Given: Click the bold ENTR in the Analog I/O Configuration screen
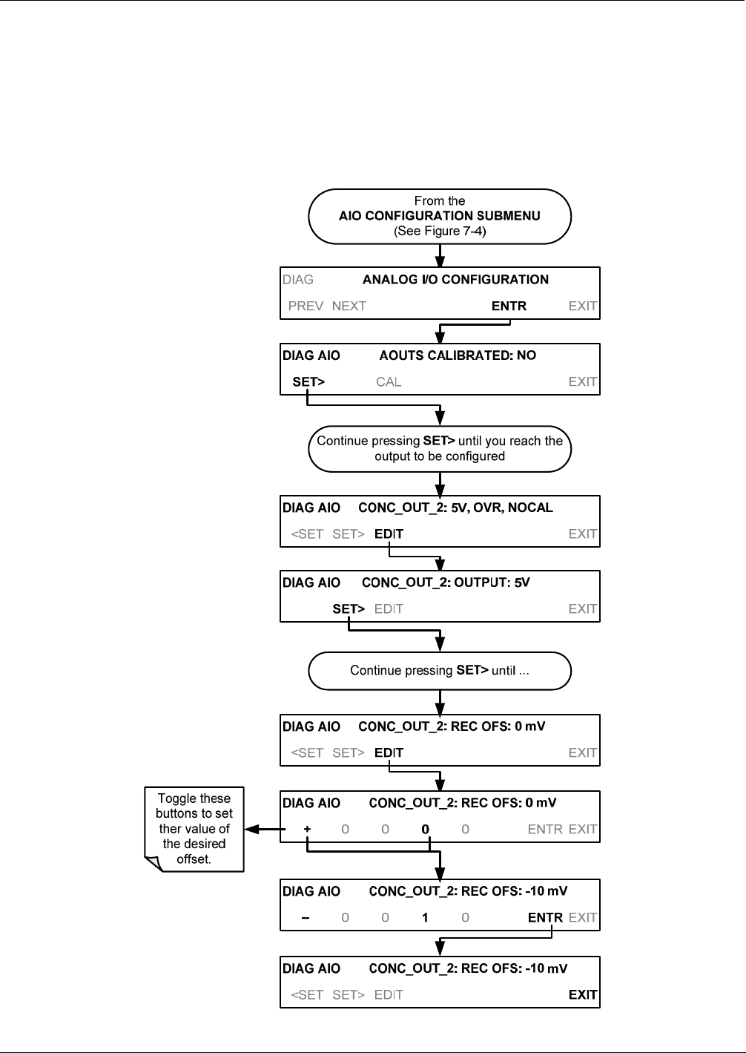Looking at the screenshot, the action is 509,306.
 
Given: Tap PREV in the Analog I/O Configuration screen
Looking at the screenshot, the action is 306,306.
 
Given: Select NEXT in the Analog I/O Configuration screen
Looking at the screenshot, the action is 349,306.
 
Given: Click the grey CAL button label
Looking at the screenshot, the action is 389,381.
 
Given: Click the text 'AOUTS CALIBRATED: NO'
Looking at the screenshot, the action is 458,355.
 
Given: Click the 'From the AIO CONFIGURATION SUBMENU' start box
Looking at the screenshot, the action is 440,216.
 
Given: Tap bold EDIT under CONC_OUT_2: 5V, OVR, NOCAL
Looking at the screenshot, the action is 389,534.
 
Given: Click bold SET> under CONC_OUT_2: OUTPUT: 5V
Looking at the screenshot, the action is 348,609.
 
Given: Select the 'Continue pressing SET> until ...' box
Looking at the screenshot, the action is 440,671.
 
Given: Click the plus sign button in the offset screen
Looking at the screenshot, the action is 307,829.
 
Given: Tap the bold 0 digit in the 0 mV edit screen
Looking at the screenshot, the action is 425,829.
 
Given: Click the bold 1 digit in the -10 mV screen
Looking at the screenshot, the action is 425,918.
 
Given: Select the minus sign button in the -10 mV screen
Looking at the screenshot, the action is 306,918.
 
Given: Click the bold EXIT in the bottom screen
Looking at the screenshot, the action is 583,994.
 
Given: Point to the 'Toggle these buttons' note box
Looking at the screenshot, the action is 194,829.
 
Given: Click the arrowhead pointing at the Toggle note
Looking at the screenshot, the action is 252,829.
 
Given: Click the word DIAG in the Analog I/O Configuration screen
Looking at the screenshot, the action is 298,280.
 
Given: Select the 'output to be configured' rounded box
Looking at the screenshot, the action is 440,449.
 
